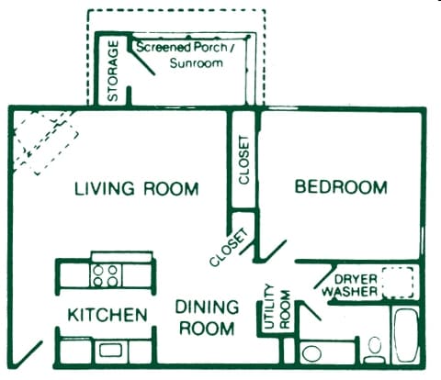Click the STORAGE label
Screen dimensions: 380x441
[113, 71]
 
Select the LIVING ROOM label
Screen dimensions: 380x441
[136, 190]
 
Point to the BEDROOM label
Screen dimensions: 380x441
[341, 187]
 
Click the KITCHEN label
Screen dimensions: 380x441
[107, 315]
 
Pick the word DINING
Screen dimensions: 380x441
[207, 307]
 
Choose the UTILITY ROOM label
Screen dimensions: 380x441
[277, 308]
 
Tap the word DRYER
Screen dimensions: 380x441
[356, 278]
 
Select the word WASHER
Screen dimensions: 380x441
[348, 292]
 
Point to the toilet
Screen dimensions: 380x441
[374, 347]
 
